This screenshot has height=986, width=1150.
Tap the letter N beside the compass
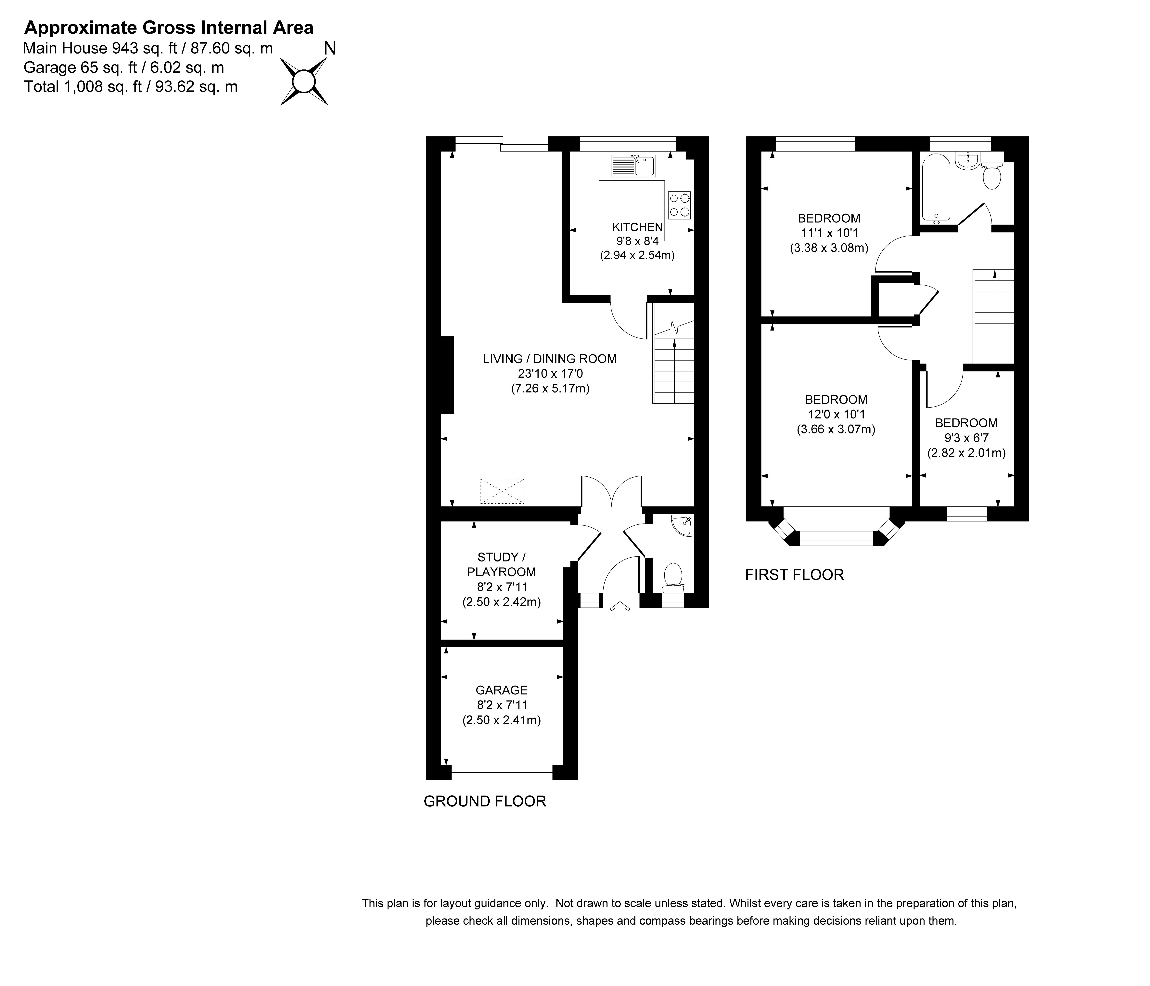pyautogui.click(x=330, y=49)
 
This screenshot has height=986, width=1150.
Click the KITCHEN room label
pyautogui.click(x=637, y=227)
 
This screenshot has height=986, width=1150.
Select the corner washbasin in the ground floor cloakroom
pyautogui.click(x=682, y=525)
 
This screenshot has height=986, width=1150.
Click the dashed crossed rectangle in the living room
pyautogui.click(x=502, y=491)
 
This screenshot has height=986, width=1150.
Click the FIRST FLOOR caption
pyautogui.click(x=794, y=575)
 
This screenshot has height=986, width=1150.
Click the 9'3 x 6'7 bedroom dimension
pyautogui.click(x=966, y=438)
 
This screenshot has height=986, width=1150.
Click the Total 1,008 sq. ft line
pyautogui.click(x=131, y=87)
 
